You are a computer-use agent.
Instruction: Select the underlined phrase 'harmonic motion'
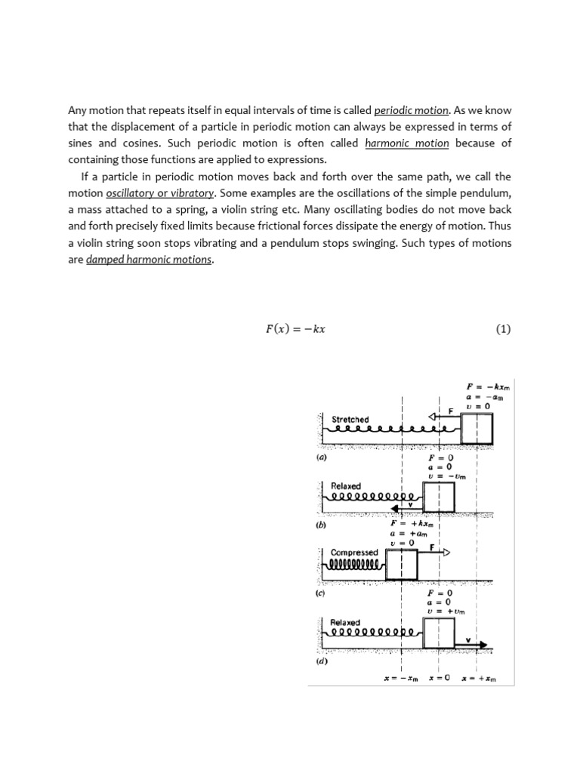point(407,143)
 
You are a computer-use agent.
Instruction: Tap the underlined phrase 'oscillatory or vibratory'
point(160,192)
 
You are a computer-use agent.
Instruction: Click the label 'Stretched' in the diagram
point(350,419)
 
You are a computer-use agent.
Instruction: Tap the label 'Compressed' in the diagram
point(354,553)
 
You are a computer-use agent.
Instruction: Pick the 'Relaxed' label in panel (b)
point(346,486)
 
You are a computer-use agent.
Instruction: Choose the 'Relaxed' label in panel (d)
point(345,623)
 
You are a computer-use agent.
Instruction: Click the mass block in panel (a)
point(477,429)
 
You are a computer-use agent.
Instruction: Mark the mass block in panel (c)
point(402,565)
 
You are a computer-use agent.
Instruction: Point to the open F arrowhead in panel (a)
point(433,415)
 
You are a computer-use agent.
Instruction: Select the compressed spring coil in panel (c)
point(356,565)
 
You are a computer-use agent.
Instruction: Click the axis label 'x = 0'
point(439,678)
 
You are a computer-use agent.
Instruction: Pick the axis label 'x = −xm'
point(401,678)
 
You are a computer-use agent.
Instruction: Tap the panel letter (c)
point(320,593)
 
